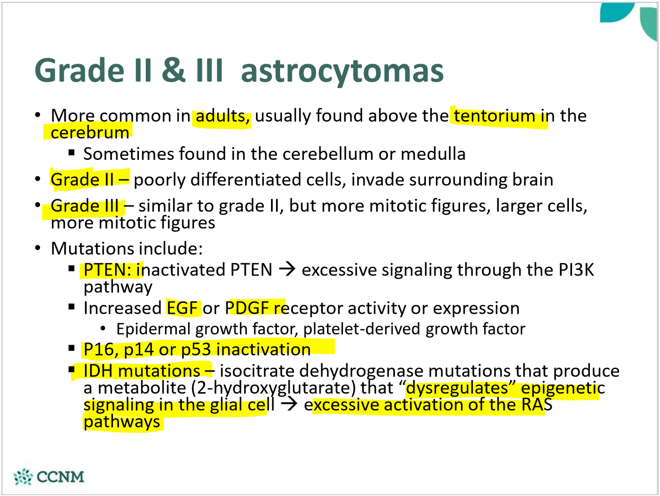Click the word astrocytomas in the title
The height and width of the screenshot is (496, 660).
click(342, 71)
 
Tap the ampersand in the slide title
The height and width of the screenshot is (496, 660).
click(174, 71)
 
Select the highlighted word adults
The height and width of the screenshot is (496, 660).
click(222, 116)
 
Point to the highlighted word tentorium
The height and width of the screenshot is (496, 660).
click(494, 116)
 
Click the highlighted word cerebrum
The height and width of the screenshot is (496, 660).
click(90, 133)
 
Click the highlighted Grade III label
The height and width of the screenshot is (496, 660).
click(85, 206)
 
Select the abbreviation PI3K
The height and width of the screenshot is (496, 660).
click(576, 270)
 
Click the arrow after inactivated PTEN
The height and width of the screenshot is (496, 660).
click(287, 270)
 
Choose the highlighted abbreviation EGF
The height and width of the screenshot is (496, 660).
click(182, 308)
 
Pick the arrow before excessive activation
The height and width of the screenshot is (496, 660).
click(289, 404)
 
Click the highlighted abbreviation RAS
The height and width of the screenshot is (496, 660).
click(537, 404)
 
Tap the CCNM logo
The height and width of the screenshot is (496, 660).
click(49, 477)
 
